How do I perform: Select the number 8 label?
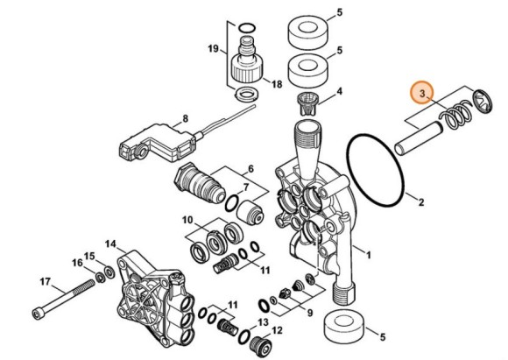186,118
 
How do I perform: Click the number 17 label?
46,281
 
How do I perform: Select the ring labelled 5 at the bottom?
345,328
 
